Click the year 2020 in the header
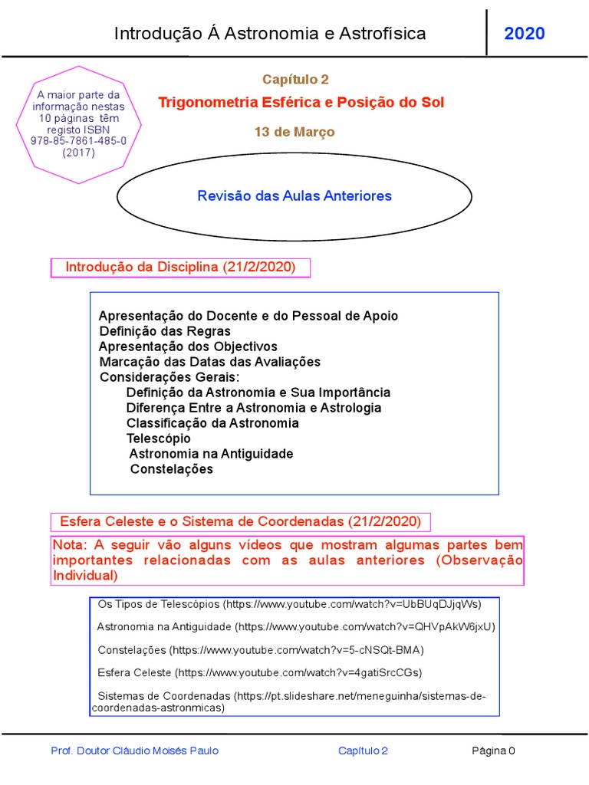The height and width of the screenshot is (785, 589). tap(525, 34)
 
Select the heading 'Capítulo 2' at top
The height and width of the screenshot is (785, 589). tap(295, 80)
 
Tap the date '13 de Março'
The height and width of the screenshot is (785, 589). tap(294, 132)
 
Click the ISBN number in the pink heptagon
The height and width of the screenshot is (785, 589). tap(79, 141)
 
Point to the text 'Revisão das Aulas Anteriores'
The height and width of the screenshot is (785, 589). tap(294, 196)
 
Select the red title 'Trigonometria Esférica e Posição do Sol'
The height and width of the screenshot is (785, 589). tap(301, 103)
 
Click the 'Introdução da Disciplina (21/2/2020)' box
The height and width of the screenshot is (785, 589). tap(180, 268)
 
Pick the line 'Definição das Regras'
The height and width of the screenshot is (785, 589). tap(165, 331)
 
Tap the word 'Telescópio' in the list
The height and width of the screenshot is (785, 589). tap(159, 438)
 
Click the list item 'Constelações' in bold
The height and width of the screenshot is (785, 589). tap(172, 469)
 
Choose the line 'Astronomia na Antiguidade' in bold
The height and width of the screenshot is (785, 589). tap(211, 454)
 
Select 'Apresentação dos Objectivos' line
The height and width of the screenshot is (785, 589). tap(189, 347)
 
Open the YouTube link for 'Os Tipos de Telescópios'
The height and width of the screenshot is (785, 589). tap(353, 604)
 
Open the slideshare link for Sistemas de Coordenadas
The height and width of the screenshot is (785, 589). tap(360, 696)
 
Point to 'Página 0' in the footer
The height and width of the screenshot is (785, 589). tap(493, 751)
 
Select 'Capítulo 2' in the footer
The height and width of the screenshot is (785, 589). tap(363, 751)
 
